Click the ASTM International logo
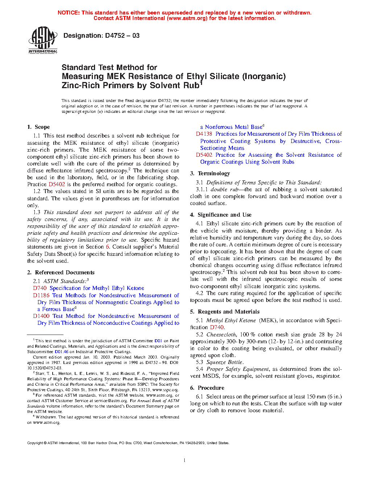tap(43, 40)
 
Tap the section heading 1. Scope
tap(38, 127)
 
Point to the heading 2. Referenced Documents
tap(61, 273)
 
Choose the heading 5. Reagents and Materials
tap(225, 312)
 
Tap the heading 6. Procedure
tap(207, 388)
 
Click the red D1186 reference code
tap(41, 295)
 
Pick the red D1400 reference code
tap(41, 316)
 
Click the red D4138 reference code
tap(204, 134)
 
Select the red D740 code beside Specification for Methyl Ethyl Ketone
tap(40, 288)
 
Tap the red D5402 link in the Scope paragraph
tap(57, 184)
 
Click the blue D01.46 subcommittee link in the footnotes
tap(61, 352)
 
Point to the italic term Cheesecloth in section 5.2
tap(221, 335)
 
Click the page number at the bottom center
tap(185, 460)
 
